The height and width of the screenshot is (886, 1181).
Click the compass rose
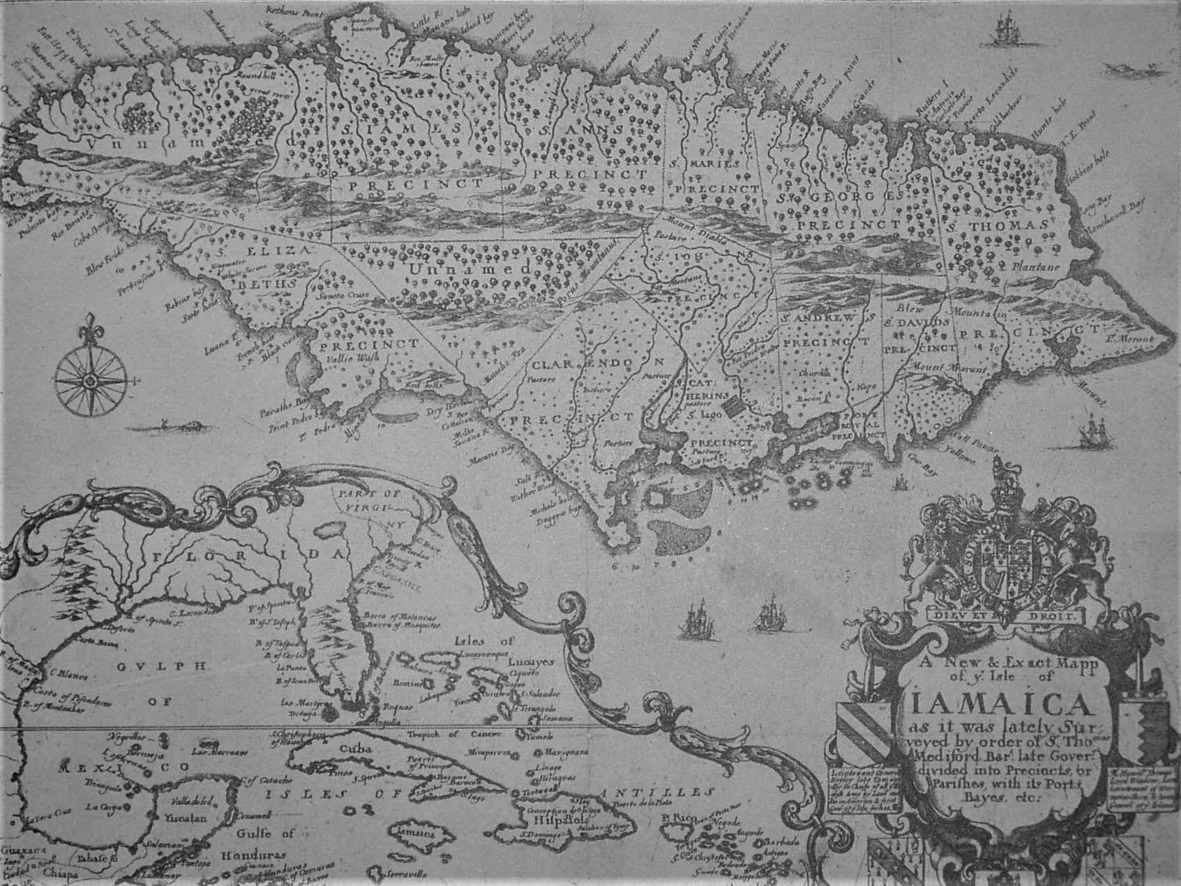(90, 380)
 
